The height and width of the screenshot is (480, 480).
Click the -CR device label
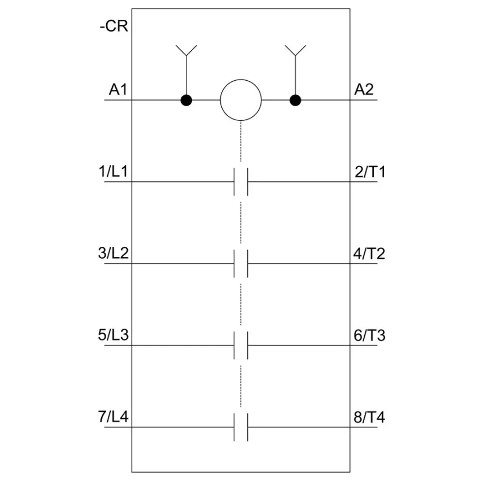(x=114, y=26)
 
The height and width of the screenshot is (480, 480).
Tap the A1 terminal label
(x=118, y=90)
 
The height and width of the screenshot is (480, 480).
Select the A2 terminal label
(x=364, y=90)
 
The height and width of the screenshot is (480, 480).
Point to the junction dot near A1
(x=186, y=100)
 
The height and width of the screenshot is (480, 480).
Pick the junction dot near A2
(x=295, y=100)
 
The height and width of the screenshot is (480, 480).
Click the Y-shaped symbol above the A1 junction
(x=186, y=50)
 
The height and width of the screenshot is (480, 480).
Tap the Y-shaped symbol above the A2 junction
(x=295, y=50)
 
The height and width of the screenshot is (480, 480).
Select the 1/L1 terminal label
(x=113, y=172)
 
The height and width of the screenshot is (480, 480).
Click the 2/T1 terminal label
(x=370, y=172)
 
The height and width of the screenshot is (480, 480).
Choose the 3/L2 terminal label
(x=114, y=253)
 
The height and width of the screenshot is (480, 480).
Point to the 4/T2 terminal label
(x=369, y=254)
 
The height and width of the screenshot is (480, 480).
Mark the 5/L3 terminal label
(x=114, y=335)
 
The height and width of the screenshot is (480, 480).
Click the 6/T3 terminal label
(x=369, y=335)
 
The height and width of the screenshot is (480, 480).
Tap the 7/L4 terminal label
(x=114, y=417)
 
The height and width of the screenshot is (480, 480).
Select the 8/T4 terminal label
(x=369, y=417)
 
